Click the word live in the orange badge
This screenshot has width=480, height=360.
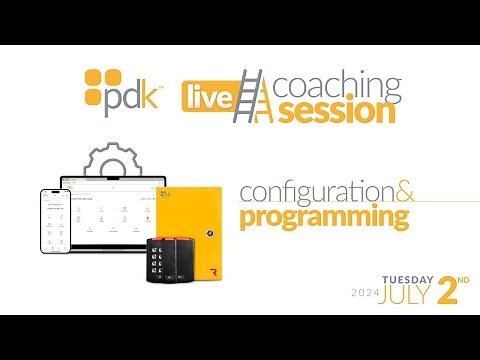pyautogui.click(x=206, y=97)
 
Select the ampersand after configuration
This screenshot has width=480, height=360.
pyautogui.click(x=397, y=188)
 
